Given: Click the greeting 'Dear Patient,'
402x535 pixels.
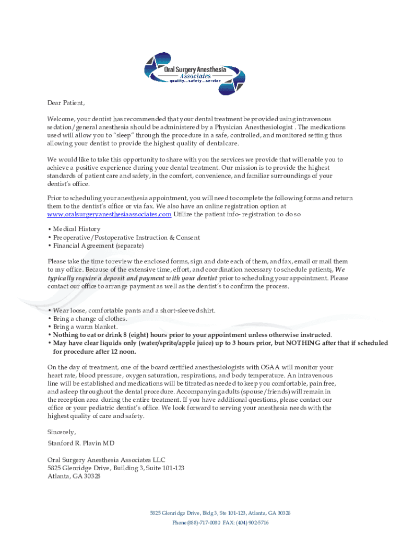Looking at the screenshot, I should (x=66, y=102).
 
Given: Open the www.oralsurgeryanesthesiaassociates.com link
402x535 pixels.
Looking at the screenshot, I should (x=109, y=214).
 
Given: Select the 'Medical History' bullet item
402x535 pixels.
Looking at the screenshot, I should (x=76, y=229).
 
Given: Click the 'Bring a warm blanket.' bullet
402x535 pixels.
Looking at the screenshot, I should (x=85, y=327).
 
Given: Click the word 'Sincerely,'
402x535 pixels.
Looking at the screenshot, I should (x=62, y=432).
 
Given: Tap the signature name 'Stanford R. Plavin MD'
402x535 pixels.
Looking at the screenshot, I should (x=81, y=443).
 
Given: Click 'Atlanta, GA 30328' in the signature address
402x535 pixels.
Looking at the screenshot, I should (x=74, y=476).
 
